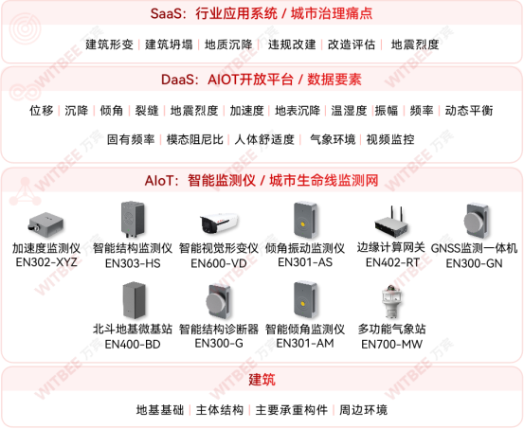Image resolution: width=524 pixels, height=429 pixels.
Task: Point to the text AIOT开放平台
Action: pyautogui.click(x=247, y=80)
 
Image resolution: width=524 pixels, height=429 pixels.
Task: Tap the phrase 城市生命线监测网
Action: pyautogui.click(x=324, y=180)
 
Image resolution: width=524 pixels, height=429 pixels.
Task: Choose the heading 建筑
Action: pyautogui.click(x=262, y=380)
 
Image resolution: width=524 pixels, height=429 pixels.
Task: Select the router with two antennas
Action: pyautogui.click(x=391, y=223)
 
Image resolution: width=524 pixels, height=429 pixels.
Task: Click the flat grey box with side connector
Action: pyautogui.click(x=44, y=225)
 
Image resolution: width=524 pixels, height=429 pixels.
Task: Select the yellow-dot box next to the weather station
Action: pyautogui.click(x=304, y=296)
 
